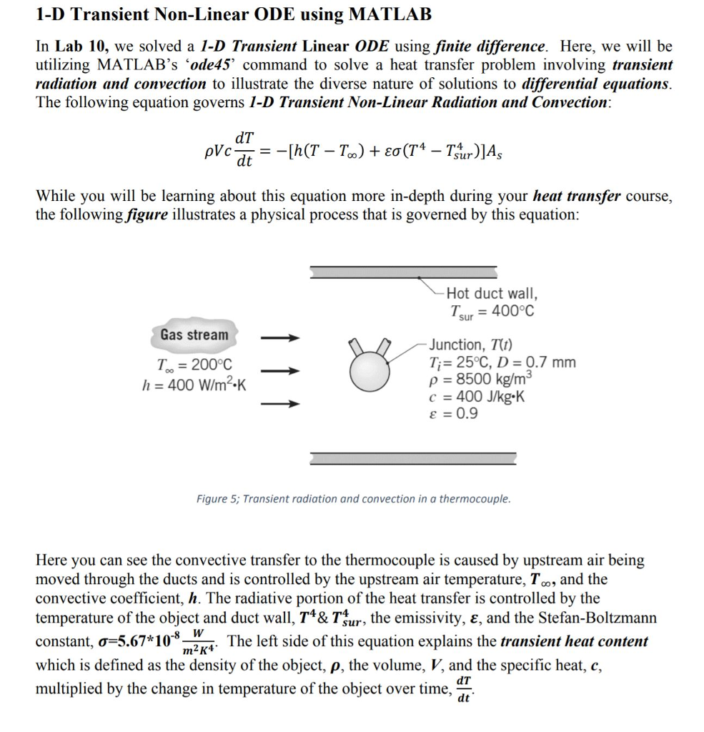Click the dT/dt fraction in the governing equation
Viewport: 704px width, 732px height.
244,149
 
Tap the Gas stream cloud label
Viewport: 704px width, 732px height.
194,335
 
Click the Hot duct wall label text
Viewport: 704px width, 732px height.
492,293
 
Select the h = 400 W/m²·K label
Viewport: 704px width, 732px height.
194,384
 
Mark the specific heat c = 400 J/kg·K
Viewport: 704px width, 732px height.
476,397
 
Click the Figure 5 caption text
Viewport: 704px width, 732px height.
353,498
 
